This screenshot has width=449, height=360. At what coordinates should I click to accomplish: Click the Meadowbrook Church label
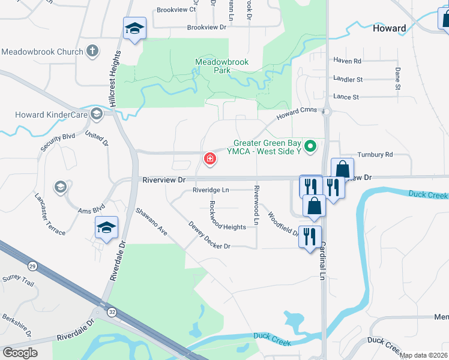point(42,52)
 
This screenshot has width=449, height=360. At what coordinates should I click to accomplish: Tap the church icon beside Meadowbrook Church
point(92,51)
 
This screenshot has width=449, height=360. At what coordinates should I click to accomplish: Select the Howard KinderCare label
point(44,114)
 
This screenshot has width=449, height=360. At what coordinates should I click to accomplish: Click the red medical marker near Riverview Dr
point(210,159)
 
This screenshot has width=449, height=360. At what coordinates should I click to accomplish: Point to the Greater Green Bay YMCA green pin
point(310,146)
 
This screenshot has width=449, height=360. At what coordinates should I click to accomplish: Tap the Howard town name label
point(389,28)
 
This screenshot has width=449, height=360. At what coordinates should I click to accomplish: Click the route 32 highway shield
point(112,311)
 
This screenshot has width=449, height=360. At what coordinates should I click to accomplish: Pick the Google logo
point(20,352)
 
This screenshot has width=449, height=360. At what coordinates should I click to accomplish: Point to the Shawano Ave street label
point(151,221)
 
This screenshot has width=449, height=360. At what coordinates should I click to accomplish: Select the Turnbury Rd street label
point(375,154)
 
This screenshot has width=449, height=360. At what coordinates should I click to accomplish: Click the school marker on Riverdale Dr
point(106,228)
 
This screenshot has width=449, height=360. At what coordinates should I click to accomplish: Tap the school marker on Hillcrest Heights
point(134,28)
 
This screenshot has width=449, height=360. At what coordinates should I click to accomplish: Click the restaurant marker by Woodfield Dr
point(310,235)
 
